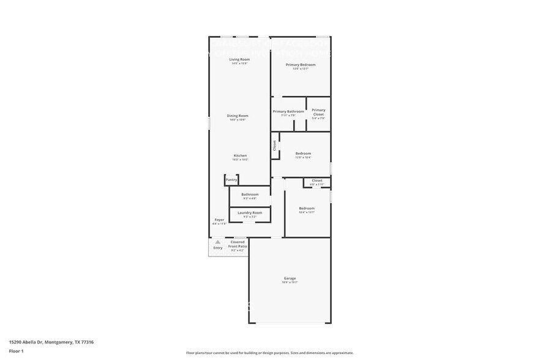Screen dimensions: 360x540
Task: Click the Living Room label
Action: pos(239,59)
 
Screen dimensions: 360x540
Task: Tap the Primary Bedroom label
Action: pos(301,64)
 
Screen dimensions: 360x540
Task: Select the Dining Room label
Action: pos(238,116)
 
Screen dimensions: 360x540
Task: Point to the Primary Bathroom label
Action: pos(288,111)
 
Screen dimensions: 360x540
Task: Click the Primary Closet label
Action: pos(318,112)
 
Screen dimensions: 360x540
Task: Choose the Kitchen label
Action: pos(240,156)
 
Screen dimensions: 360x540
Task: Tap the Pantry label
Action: pos(231,180)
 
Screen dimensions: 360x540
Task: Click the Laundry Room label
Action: pos(250,212)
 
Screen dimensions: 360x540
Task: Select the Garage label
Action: pos(290,278)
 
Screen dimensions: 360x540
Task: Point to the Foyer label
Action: pos(219,219)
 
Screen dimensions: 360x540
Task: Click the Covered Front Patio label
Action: pos(237,244)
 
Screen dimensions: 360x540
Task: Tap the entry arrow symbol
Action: pos(217,242)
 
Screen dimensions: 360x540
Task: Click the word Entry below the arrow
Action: pos(217,248)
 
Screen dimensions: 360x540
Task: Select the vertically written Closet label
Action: pos(274,146)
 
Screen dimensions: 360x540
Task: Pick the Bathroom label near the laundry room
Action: pos(250,194)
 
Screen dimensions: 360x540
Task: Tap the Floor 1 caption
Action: pos(16,351)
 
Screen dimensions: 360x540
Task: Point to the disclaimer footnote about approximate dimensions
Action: pos(269,353)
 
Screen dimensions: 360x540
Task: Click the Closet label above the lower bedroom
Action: pos(317,181)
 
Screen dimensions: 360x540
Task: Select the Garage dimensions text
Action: pos(290,282)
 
